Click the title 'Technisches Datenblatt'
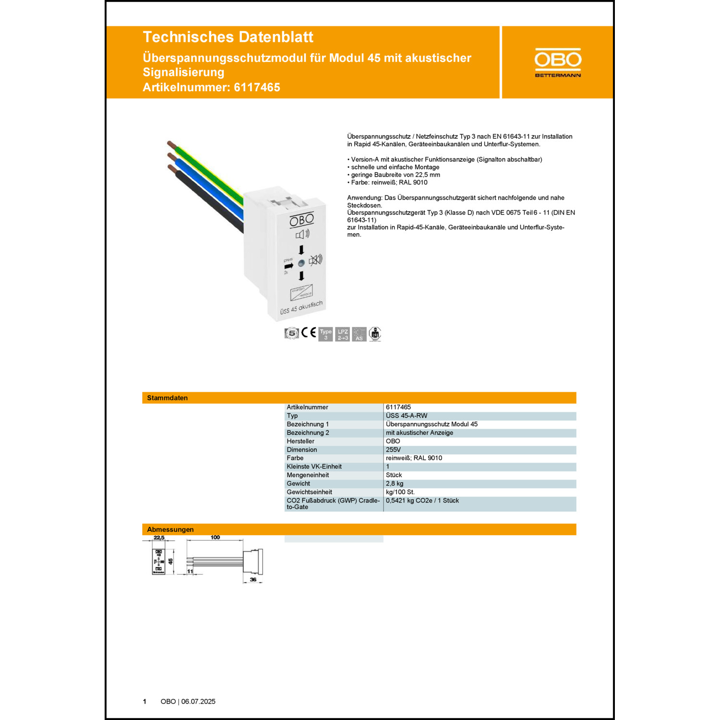[x=228, y=37]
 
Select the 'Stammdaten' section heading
[x=167, y=398]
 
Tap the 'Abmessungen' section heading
[x=170, y=529]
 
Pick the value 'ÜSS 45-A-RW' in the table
[x=406, y=416]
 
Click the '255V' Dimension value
[x=393, y=450]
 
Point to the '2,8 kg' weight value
[x=395, y=483]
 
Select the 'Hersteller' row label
[x=300, y=441]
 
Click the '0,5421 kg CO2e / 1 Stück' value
[x=422, y=501]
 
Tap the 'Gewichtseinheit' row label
[x=309, y=492]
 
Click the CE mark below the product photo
[x=309, y=333]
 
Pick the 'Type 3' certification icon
[x=325, y=334]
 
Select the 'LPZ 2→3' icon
[x=343, y=334]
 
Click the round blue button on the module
[x=301, y=263]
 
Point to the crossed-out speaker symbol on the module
[x=315, y=260]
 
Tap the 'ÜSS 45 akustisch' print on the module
[x=301, y=308]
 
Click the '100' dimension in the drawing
[x=215, y=538]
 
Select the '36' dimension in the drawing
[x=253, y=579]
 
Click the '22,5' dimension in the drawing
[x=159, y=538]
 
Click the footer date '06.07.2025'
[x=198, y=701]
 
